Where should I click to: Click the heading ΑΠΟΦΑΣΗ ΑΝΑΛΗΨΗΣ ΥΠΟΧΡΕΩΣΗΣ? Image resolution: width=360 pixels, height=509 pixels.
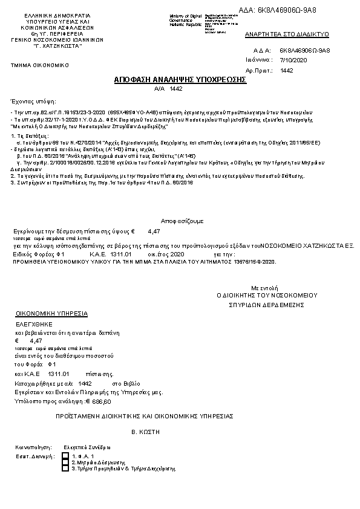(x=180, y=79)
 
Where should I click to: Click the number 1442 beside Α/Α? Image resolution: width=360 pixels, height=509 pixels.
(x=176, y=88)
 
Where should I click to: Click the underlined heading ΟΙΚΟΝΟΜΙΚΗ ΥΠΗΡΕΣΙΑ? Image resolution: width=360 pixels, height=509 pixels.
(x=52, y=314)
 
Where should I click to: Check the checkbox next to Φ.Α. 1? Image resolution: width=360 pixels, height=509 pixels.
(x=66, y=455)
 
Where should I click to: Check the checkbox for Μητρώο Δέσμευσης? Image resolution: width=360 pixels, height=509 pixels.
(x=66, y=461)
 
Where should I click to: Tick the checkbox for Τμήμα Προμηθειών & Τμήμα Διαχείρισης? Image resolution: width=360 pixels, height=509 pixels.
(x=66, y=468)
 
